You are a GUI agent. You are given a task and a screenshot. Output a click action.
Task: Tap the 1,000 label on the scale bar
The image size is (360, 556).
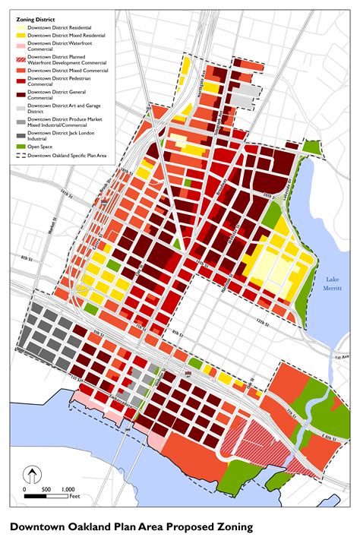tap(68, 489)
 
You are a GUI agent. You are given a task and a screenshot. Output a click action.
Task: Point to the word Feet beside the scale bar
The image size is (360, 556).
tap(74, 497)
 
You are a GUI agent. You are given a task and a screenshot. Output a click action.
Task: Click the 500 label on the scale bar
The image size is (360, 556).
tap(46, 489)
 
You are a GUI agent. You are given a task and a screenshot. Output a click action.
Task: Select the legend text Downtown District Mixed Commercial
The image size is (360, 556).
tap(67, 70)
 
